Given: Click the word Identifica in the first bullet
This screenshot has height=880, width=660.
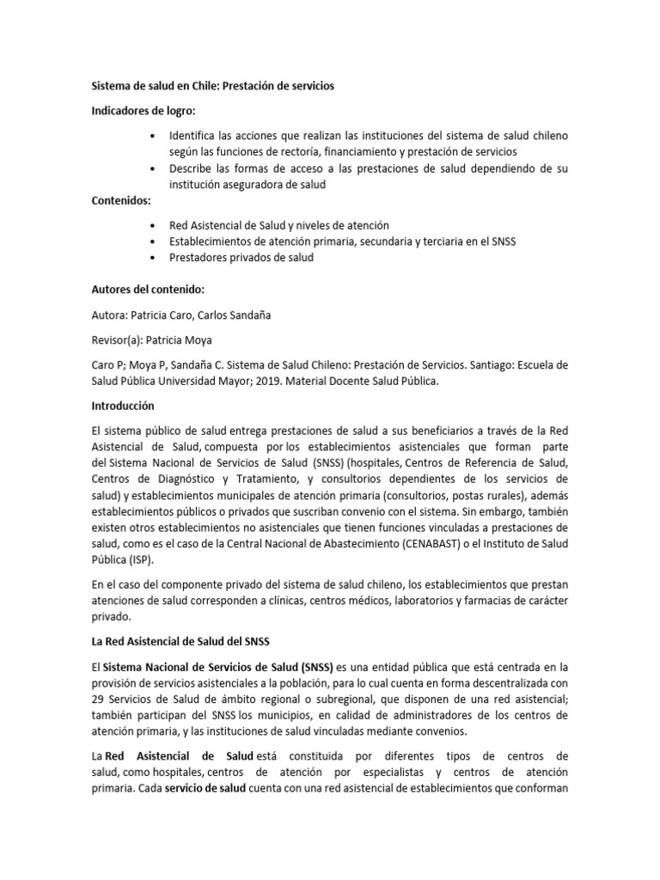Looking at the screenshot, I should (194, 136).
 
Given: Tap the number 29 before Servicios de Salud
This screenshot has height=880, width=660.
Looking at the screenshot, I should (98, 700).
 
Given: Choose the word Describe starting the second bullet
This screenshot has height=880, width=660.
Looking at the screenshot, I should (194, 168).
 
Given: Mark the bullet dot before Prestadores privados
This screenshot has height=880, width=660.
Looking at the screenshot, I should (153, 258).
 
